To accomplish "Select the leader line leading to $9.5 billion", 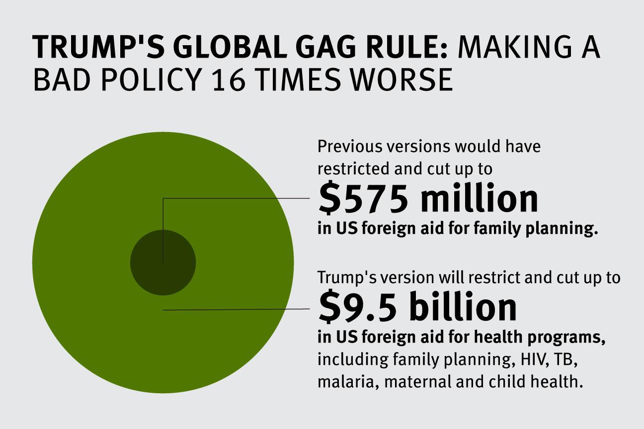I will tap(239, 310).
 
